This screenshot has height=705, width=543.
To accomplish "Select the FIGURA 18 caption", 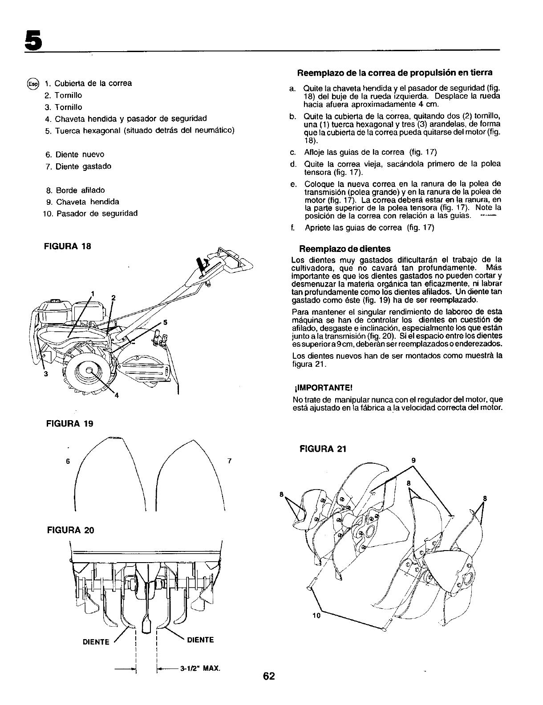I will point(69,246).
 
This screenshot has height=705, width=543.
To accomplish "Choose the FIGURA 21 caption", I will point(323,448).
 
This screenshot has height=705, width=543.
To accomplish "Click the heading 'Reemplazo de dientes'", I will point(345,248).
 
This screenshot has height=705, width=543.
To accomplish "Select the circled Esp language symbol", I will point(33,84).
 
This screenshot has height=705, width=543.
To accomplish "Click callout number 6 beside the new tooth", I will point(68,461).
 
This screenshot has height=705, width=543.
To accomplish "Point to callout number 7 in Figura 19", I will point(230,461).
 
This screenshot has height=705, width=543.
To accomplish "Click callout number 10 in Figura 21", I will point(316,616).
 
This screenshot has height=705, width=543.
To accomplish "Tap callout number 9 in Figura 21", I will point(413,460).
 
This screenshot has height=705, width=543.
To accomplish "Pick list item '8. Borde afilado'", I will point(75,190).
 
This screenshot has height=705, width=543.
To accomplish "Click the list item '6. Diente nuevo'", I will point(75,154).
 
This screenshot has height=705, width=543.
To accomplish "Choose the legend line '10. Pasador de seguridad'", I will point(90,213).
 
